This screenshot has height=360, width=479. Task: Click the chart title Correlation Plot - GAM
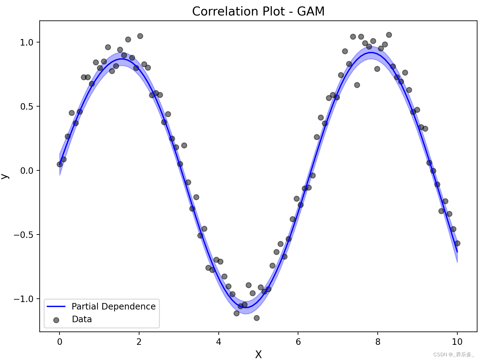258,11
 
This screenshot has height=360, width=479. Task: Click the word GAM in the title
310,11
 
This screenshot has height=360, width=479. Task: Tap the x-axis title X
258,354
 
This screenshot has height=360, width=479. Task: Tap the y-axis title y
4,176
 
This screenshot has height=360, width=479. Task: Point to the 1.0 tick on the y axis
27,42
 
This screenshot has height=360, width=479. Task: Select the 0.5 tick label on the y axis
27,107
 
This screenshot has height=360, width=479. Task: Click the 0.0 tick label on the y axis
27,171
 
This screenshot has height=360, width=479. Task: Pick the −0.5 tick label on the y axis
24,235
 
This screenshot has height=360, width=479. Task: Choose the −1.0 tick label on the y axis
24,299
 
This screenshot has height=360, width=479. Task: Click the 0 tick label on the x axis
59,342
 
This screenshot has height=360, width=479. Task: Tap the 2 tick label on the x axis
139,342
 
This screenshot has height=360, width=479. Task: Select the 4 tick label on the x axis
218,342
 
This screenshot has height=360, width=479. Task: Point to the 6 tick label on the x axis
298,342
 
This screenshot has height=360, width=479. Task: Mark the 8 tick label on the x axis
378,342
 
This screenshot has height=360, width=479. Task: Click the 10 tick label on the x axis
457,342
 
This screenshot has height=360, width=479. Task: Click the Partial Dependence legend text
113,306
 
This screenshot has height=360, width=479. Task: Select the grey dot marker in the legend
56,320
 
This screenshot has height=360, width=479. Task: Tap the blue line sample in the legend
56,306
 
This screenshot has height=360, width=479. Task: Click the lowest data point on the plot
257,318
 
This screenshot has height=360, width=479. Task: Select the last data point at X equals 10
457,243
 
